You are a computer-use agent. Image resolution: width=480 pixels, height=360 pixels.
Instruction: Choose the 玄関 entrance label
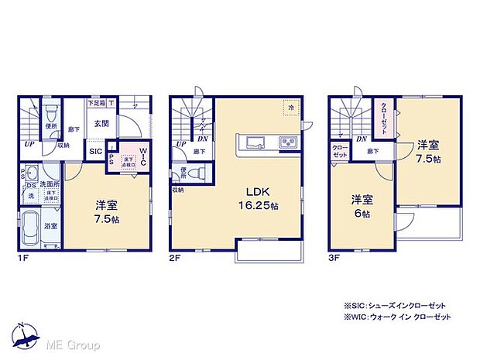tap(101, 123)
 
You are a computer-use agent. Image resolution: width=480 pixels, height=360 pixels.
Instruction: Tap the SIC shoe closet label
tap(96, 152)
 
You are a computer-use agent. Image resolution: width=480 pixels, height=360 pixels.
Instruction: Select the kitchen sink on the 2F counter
tap(255, 141)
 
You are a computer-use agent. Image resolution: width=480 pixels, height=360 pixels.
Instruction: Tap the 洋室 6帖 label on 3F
tap(358, 202)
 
